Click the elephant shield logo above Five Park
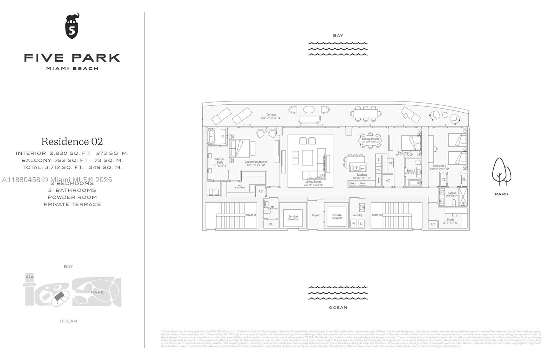click(x=72, y=26)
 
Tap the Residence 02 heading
click(x=72, y=142)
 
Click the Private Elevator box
click(x=337, y=216)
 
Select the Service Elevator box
click(x=293, y=218)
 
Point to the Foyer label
click(x=315, y=215)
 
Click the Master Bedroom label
click(x=256, y=162)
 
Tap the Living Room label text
click(x=313, y=182)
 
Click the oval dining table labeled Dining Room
click(x=370, y=141)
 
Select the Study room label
click(x=450, y=220)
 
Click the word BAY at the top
click(x=338, y=35)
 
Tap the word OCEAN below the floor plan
click(x=338, y=307)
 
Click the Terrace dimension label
click(x=271, y=116)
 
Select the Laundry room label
click(x=357, y=215)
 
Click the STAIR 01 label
click(x=251, y=215)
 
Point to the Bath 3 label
click(x=452, y=193)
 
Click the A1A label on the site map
click(x=30, y=277)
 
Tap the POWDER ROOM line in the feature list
click(x=72, y=197)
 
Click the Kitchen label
click(x=362, y=175)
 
